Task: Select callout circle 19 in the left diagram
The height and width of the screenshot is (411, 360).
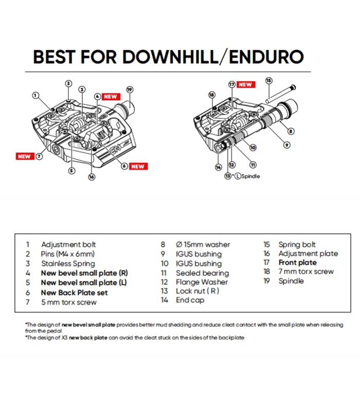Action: pyautogui.click(x=129, y=89)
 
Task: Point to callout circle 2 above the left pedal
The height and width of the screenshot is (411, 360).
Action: pyautogui.click(x=68, y=83)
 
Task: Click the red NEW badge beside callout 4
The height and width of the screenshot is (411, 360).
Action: pyautogui.click(x=111, y=96)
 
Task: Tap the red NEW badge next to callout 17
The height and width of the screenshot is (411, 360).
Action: pyautogui.click(x=245, y=84)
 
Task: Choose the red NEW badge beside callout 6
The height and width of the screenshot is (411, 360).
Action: pyautogui.click(x=138, y=166)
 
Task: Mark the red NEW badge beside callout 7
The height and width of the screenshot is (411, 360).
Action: pyautogui.click(x=24, y=156)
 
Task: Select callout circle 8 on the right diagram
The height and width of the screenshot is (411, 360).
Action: pyautogui.click(x=291, y=131)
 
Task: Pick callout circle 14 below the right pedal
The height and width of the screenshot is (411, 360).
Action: pyautogui.click(x=219, y=166)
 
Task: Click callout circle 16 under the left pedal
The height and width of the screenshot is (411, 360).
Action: pyautogui.click(x=92, y=177)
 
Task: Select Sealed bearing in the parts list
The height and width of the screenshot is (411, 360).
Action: pyautogui.click(x=202, y=273)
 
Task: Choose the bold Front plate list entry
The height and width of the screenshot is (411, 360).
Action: pyautogui.click(x=297, y=263)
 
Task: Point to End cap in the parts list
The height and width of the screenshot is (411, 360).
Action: pyautogui.click(x=190, y=300)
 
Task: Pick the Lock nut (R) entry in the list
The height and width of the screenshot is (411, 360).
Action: pyautogui.click(x=197, y=291)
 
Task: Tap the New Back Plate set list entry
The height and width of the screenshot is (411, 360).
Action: pyautogui.click(x=74, y=292)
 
